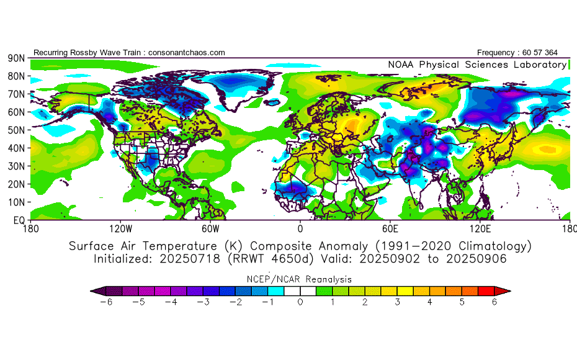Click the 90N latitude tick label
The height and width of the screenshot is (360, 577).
(16, 58)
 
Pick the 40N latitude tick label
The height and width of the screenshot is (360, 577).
(16, 148)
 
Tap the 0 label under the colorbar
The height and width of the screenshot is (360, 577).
(300, 302)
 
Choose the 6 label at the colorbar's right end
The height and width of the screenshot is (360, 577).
(495, 302)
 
